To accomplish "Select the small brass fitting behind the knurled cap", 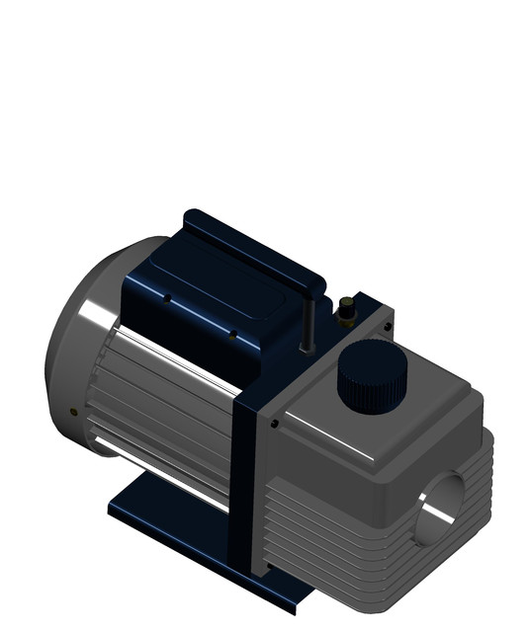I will (x=347, y=309).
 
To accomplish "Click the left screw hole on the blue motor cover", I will (x=168, y=297).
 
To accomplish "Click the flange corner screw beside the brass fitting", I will (x=387, y=326).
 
